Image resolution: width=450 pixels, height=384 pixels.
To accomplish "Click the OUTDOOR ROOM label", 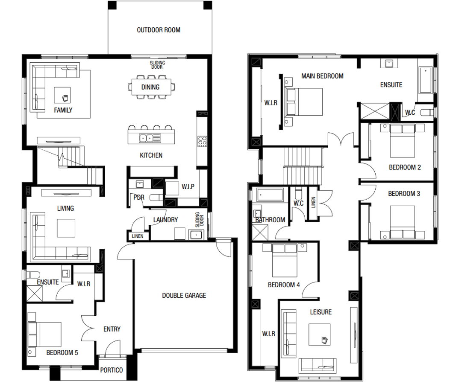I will click(158, 30).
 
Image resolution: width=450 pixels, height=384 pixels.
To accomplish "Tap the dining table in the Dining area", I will click(150, 87).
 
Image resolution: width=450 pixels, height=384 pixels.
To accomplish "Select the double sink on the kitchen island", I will click(147, 138).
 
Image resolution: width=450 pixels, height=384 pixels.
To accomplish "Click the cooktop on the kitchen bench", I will click(202, 141).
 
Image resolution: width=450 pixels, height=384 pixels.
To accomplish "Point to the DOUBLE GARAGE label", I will click(184, 295).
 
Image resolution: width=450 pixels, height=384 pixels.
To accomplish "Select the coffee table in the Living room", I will click(66, 228).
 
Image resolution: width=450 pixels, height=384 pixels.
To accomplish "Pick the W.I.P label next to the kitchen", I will click(188, 187).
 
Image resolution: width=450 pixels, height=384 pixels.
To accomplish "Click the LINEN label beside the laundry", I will click(138, 236).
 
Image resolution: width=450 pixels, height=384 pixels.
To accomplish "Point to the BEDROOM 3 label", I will click(404, 194).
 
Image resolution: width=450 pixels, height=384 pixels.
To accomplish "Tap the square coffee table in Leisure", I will click(320, 334).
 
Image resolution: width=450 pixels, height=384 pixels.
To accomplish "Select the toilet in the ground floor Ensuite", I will click(33, 274).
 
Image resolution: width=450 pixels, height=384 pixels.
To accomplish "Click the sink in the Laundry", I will click(197, 234).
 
